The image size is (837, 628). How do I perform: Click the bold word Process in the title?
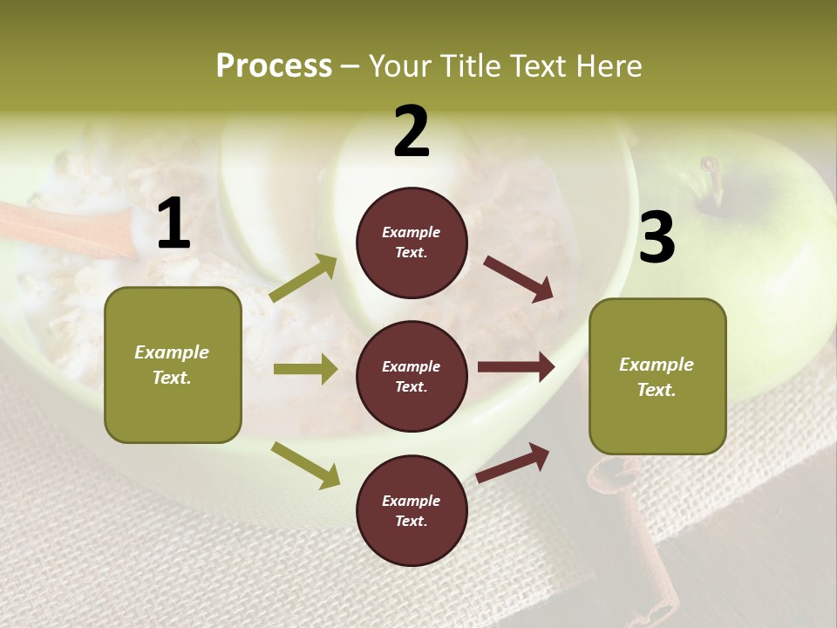(274, 65)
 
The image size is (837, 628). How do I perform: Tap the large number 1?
(174, 225)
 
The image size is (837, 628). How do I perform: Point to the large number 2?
(412, 132)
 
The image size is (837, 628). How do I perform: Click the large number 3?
(657, 238)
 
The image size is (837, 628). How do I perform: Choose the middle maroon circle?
(412, 376)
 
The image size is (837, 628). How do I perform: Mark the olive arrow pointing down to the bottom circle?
(306, 465)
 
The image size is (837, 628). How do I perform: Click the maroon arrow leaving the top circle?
(519, 279)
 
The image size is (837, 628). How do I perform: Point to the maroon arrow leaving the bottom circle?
(514, 462)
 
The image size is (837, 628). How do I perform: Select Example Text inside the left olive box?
(173, 365)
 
